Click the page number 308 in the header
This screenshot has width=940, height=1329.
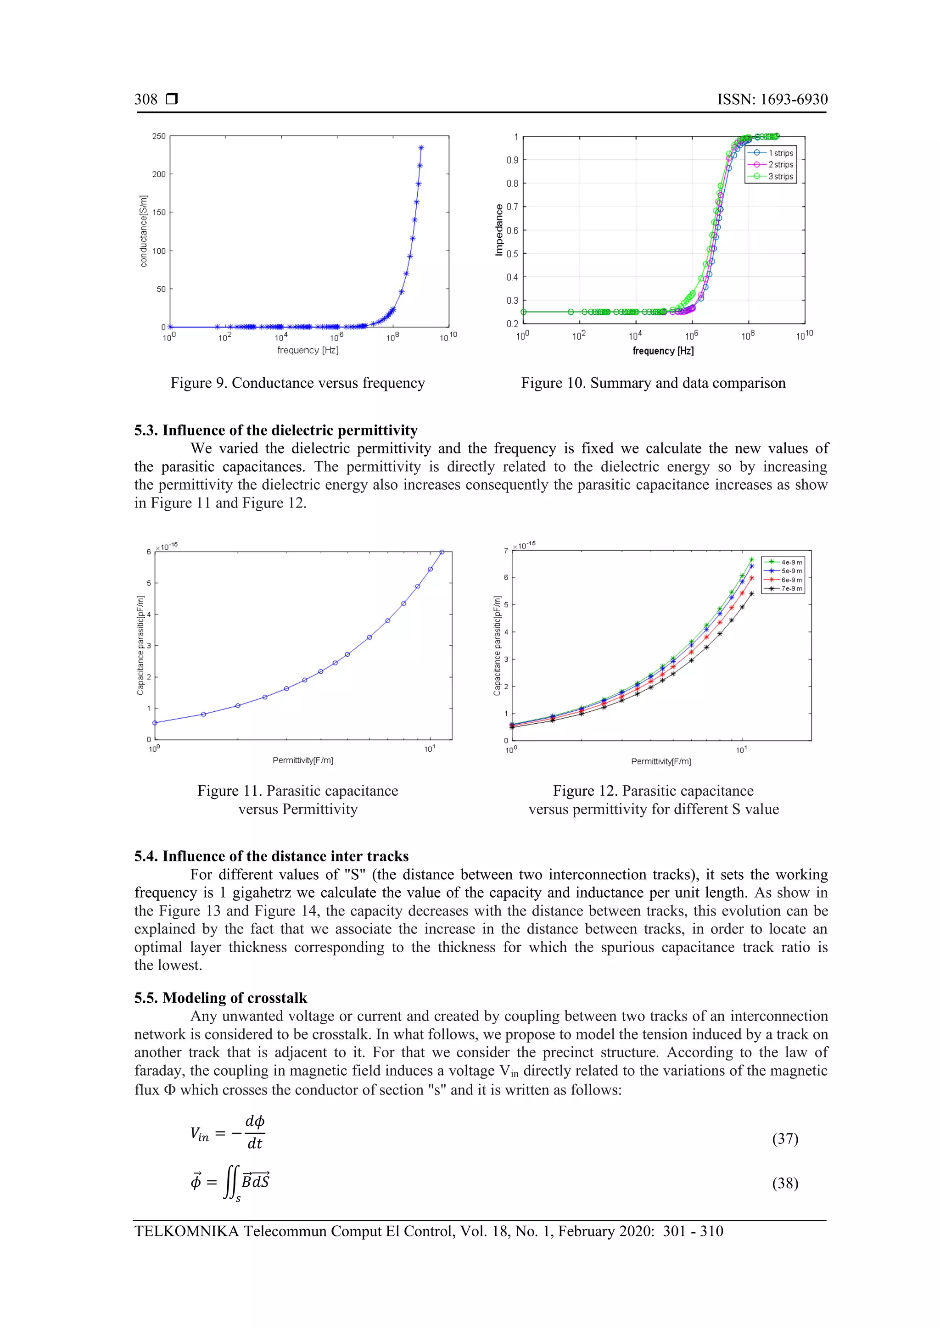coord(146,99)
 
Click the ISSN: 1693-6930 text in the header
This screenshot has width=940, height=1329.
coord(772,99)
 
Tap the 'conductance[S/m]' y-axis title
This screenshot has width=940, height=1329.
coord(144,232)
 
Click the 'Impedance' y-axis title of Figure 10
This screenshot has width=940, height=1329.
coord(499,230)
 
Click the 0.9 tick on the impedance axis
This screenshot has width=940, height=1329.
coord(512,160)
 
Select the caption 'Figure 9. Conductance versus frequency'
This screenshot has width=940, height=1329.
coord(297,383)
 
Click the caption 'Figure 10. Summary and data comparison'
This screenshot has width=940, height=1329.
coord(653,383)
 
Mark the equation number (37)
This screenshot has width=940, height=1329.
coord(785,1139)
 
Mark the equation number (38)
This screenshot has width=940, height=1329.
coord(785,1183)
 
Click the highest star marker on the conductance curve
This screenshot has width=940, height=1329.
coord(421,148)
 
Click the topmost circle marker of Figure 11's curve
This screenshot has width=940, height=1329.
coord(442,552)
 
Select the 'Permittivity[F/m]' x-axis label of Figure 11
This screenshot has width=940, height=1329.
coord(303,760)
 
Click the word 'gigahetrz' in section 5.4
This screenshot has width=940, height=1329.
coord(259,893)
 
